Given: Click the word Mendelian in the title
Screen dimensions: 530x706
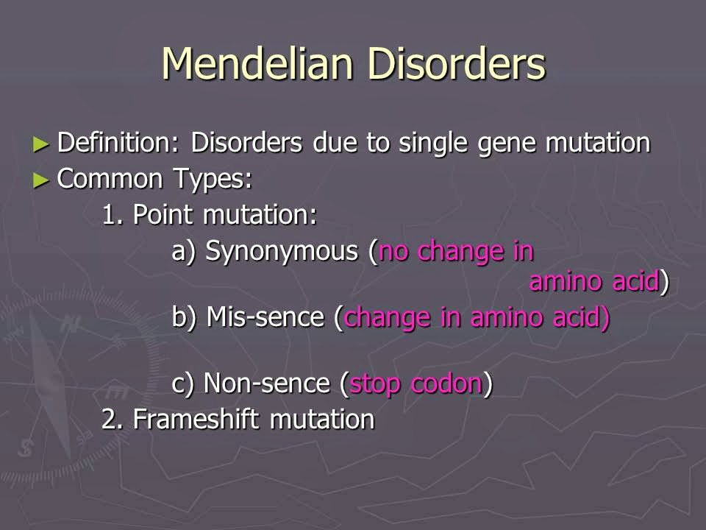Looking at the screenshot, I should [257, 64].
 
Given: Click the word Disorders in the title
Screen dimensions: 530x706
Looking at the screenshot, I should [457, 64].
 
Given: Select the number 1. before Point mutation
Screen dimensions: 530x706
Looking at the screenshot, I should [113, 215].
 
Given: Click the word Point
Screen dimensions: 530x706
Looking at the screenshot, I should [163, 215].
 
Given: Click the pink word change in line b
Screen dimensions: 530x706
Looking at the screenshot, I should [388, 318].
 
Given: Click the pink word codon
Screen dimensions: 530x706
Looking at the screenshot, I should [447, 384].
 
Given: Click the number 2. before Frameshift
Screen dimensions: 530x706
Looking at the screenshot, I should [112, 419].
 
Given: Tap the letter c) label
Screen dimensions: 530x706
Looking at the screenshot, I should [183, 384].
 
